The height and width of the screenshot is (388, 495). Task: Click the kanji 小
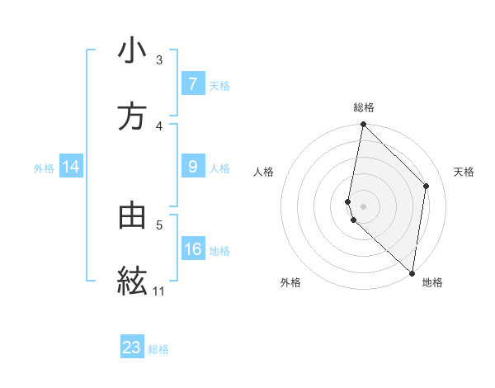[x=132, y=51]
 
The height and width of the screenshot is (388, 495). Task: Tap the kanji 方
[x=132, y=116]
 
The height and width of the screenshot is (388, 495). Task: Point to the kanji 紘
[x=132, y=281]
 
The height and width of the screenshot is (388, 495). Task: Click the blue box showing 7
[x=192, y=83]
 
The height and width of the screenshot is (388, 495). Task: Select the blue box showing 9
[x=192, y=167]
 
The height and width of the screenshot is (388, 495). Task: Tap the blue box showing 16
[x=193, y=248]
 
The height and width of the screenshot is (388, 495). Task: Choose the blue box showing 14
[x=71, y=167]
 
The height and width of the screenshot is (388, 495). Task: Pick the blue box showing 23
[x=132, y=348]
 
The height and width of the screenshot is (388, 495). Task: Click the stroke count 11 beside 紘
[x=158, y=291]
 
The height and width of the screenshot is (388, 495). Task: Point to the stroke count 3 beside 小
[x=159, y=60]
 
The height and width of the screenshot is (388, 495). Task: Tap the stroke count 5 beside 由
[x=159, y=224]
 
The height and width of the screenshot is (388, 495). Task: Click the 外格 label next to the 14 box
[x=44, y=168]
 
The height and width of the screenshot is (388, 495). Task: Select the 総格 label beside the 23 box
[x=158, y=348]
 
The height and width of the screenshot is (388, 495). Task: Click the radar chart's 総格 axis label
[x=363, y=107]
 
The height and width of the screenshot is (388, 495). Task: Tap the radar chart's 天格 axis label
[x=464, y=172]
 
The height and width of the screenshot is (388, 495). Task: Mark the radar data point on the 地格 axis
[x=412, y=273]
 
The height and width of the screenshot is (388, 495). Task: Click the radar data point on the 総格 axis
[x=363, y=125]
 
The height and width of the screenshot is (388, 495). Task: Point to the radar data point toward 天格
[x=427, y=186]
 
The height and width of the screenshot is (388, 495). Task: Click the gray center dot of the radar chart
[x=363, y=206]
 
